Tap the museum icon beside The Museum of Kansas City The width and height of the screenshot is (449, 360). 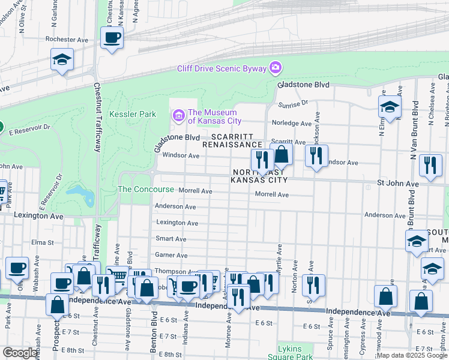tap(179, 114)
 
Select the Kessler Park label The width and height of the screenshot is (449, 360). tap(133, 114)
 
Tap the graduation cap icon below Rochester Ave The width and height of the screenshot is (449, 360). tap(62, 60)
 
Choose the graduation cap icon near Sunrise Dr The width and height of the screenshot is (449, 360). tap(390, 107)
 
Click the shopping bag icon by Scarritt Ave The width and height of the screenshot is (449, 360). tap(281, 155)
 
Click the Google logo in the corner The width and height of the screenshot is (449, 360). tap(20, 353)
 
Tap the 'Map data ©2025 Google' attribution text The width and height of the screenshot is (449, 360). tap(412, 355)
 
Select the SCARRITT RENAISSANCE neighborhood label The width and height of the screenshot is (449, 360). tap(232, 140)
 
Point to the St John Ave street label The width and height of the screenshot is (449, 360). tap(397, 183)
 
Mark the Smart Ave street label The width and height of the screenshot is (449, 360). tap(171, 238)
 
